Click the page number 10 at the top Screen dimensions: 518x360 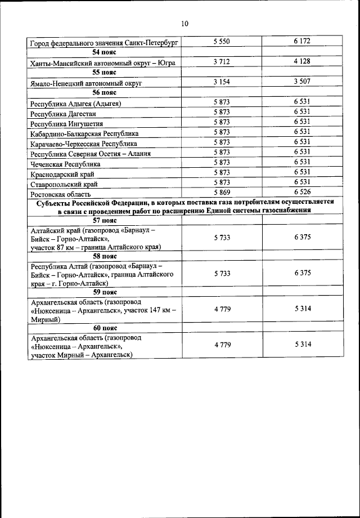(x=184, y=24)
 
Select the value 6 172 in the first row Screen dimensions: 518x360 (x=301, y=42)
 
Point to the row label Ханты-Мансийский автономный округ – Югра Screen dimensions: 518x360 (x=103, y=63)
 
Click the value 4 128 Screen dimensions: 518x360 (x=301, y=62)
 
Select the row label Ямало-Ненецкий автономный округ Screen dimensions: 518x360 (x=85, y=83)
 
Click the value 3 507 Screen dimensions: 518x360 (x=301, y=82)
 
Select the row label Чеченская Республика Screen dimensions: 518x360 (x=66, y=164)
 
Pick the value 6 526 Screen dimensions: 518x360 (x=301, y=193)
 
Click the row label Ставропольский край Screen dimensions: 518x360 (x=64, y=184)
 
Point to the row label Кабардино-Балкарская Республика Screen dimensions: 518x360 (x=84, y=133)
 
